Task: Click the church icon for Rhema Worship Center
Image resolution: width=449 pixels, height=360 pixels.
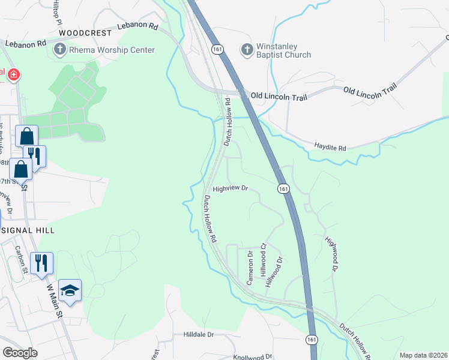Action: pos(60,50)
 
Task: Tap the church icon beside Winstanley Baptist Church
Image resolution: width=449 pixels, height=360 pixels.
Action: pos(247,50)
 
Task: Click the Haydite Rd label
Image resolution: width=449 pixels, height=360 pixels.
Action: pos(330,148)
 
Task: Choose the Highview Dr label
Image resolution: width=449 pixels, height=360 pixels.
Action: pos(231,188)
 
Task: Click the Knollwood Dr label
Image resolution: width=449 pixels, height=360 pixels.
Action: pos(252,357)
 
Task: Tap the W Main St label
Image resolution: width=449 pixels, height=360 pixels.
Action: pos(54,299)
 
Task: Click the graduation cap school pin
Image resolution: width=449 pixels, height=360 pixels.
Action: pos(70,290)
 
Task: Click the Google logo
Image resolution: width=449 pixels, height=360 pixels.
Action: pos(20,353)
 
